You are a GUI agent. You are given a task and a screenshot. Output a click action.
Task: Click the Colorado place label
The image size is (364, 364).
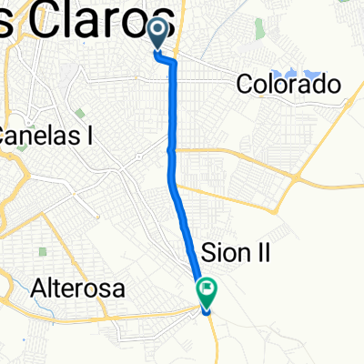pyautogui.click(x=288, y=85)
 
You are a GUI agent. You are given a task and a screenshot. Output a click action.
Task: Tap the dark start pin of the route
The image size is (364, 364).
pyautogui.click(x=157, y=35)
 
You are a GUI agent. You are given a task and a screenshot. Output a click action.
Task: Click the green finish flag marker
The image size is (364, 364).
pyautogui.click(x=207, y=291)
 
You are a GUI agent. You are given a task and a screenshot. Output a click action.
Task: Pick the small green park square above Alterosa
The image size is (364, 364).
pyautogui.click(x=43, y=251)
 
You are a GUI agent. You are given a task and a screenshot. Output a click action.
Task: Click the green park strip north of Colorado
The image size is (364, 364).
pyautogui.click(x=259, y=28)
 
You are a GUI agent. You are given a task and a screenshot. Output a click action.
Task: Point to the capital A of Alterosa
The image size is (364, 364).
pyautogui.click(x=39, y=289)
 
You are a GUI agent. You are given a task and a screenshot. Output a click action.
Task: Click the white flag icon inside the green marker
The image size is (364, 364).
pyautogui.click(x=207, y=290)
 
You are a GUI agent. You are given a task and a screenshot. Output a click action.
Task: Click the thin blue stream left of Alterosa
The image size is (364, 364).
pyautogui.click(x=7, y=273)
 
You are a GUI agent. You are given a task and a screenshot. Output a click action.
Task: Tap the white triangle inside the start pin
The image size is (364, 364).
pyautogui.click(x=157, y=32)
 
